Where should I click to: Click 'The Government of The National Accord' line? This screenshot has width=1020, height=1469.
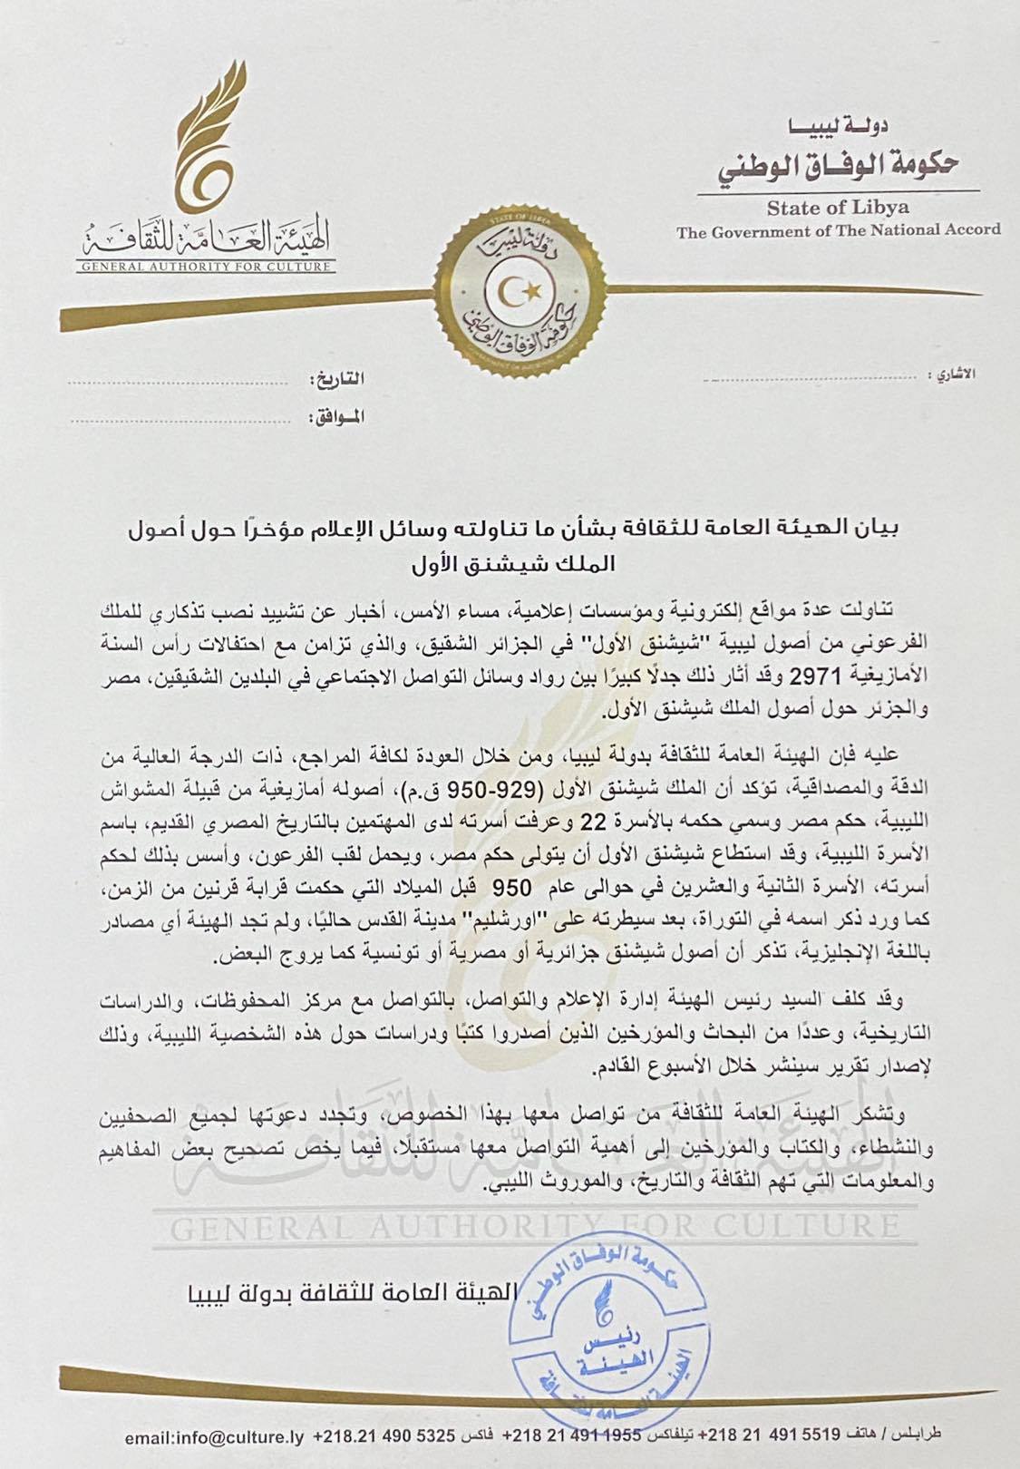pos(838,230)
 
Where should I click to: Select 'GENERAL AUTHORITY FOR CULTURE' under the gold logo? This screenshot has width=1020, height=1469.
pos(205,268)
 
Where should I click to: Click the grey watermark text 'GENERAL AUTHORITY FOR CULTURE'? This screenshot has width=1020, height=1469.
pos(535,1229)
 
